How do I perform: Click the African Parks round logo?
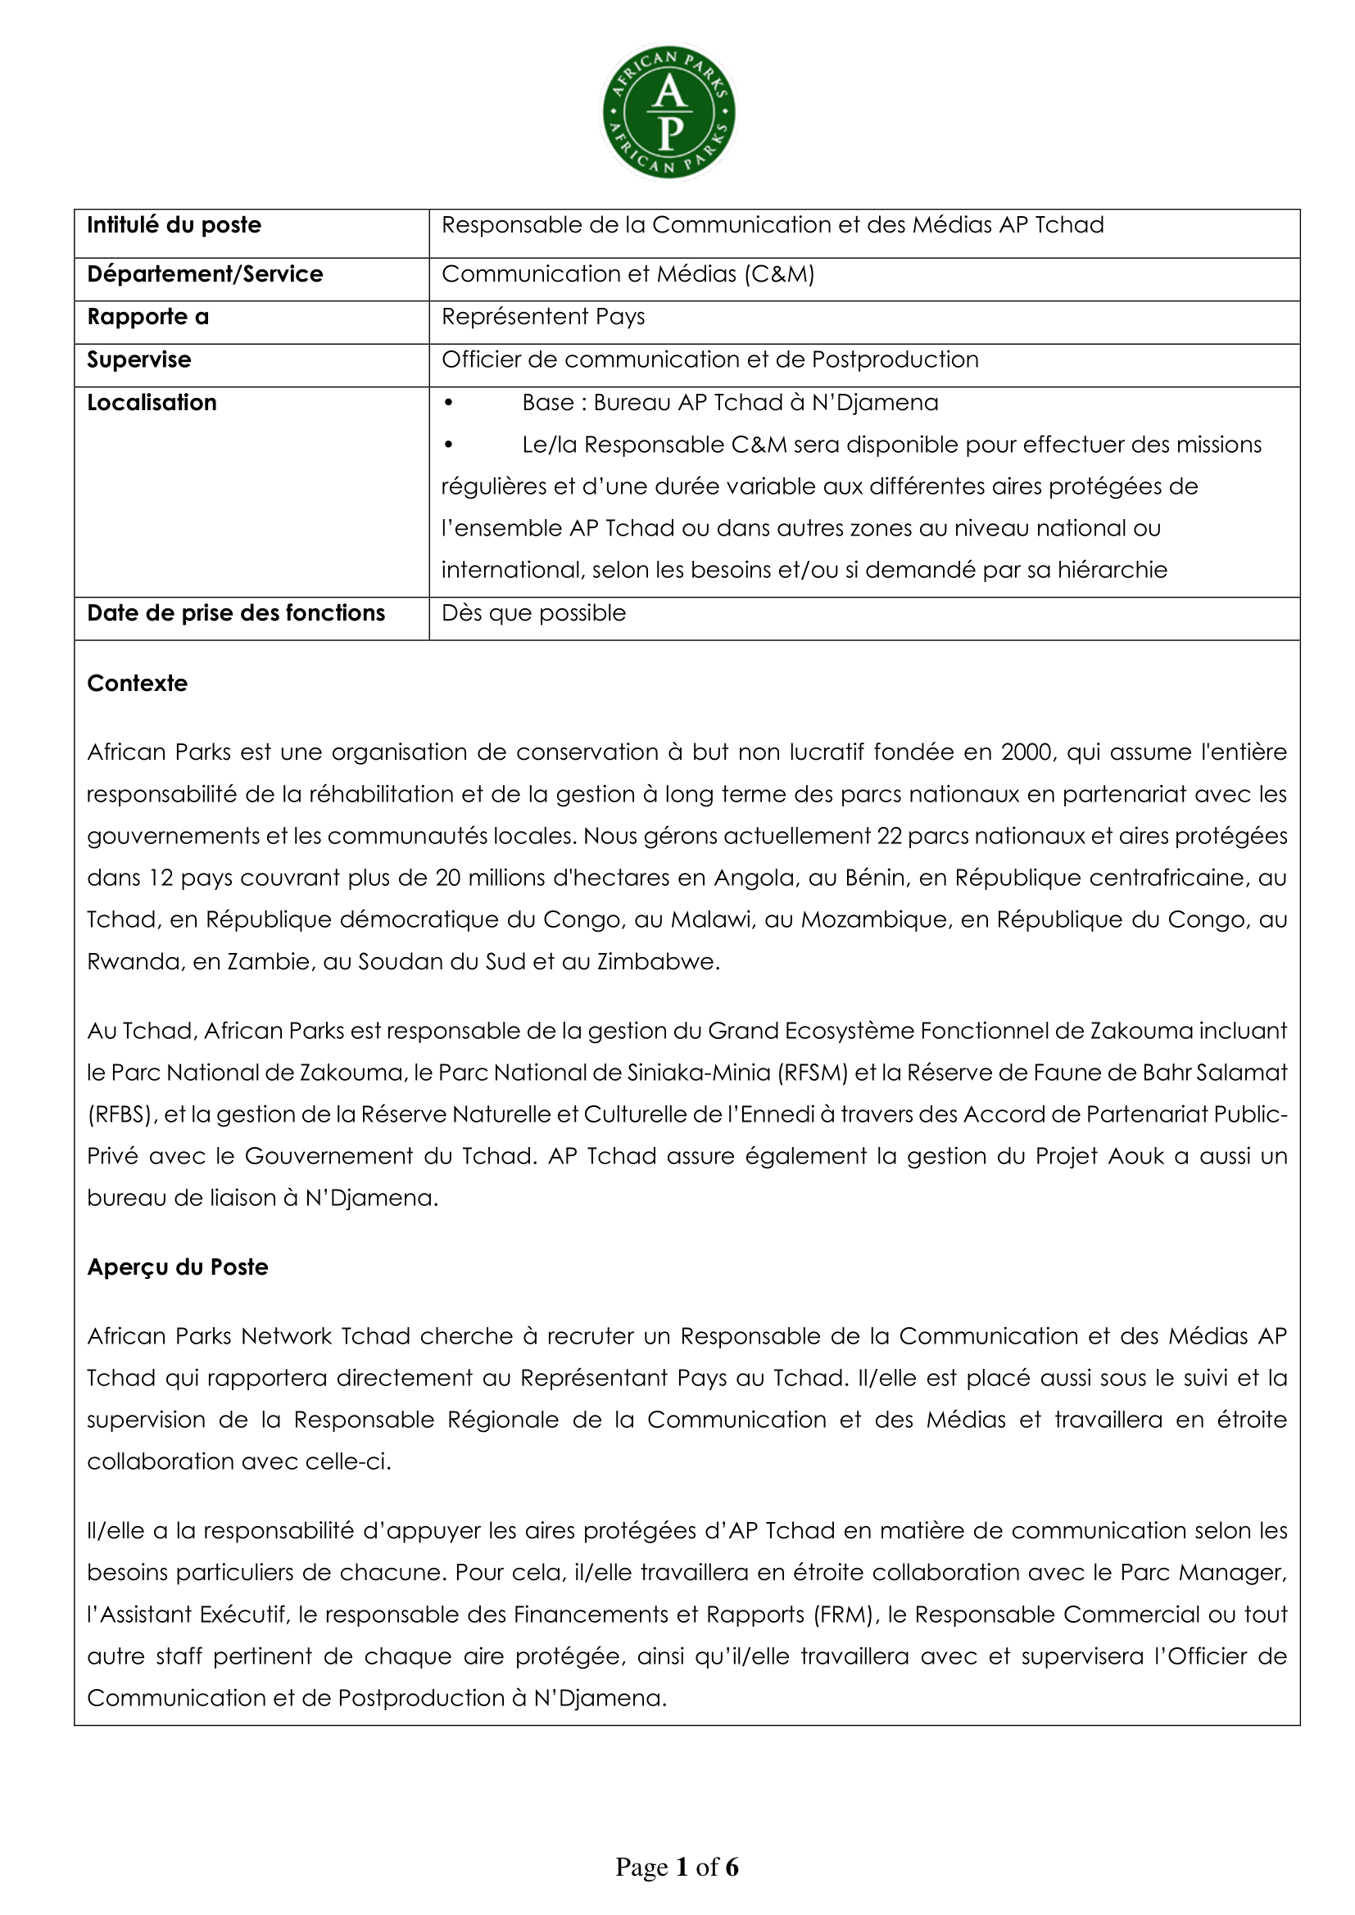tap(669, 113)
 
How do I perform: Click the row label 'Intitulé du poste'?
tap(174, 225)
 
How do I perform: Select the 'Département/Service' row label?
tap(205, 274)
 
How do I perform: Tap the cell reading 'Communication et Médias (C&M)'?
tap(628, 274)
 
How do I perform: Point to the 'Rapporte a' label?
tap(147, 317)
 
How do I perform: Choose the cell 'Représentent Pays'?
tap(543, 317)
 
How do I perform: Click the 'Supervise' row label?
tap(138, 359)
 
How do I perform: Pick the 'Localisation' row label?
tap(152, 403)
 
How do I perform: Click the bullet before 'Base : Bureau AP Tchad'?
tap(448, 403)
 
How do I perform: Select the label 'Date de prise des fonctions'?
tap(236, 613)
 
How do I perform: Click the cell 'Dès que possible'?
tap(533, 613)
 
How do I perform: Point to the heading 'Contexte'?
tap(138, 683)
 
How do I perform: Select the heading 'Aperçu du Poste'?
tap(178, 1267)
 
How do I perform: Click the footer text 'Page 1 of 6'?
tap(677, 1867)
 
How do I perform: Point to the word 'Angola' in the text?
tap(750, 878)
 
